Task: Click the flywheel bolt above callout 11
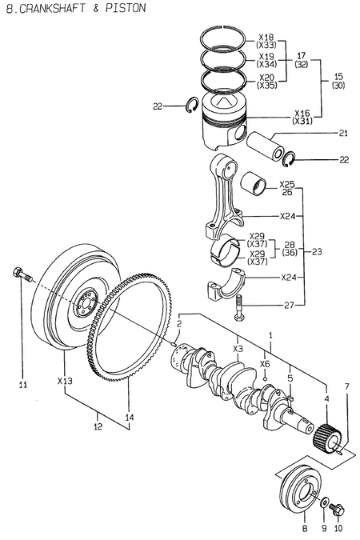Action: (x=22, y=275)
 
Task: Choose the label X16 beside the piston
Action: (x=302, y=113)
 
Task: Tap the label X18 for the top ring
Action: (x=266, y=38)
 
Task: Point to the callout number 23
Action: (x=318, y=250)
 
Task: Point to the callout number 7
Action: (x=346, y=386)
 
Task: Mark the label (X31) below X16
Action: (x=302, y=122)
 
